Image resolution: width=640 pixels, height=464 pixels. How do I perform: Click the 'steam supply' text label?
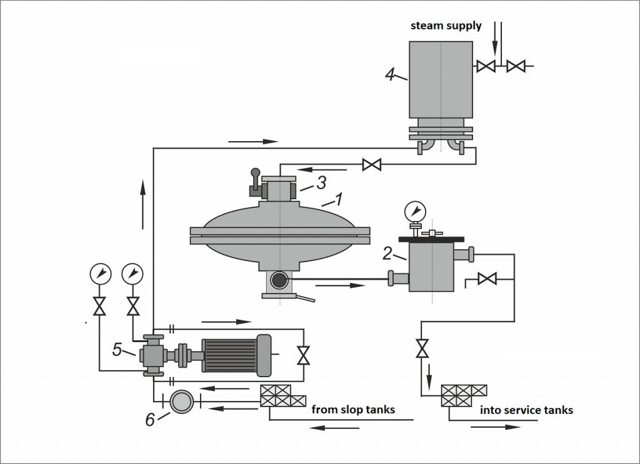click(x=446, y=26)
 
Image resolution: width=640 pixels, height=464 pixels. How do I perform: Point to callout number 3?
click(x=321, y=183)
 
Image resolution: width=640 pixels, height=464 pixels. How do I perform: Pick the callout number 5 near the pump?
click(x=117, y=350)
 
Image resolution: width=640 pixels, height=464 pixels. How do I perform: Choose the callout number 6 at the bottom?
click(x=149, y=420)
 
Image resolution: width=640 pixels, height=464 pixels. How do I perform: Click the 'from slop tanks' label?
click(x=353, y=410)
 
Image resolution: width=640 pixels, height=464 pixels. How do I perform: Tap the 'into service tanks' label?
click(x=526, y=410)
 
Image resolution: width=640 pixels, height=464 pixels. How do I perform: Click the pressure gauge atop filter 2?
click(x=413, y=209)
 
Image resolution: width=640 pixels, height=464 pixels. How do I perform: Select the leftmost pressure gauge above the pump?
click(x=99, y=273)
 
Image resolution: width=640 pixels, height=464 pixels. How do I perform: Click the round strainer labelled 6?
click(x=181, y=401)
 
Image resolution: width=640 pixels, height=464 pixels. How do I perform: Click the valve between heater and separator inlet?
click(x=372, y=165)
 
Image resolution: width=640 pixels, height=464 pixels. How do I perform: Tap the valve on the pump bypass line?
click(x=304, y=355)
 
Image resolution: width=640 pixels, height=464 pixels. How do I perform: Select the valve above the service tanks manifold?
click(x=422, y=347)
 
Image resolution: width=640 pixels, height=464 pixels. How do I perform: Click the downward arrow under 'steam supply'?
click(x=495, y=37)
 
